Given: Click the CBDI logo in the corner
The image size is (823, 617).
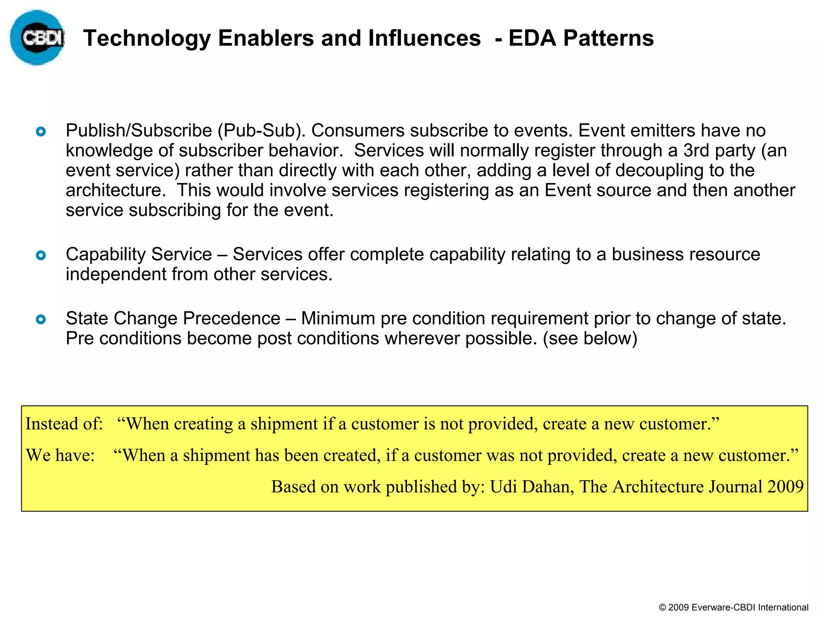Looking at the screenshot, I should tap(37, 38).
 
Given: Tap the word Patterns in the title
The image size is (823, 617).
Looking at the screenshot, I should tap(608, 39).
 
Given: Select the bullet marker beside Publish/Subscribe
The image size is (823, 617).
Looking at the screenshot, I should tap(41, 131).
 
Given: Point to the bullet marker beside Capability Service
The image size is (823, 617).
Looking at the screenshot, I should tap(41, 255).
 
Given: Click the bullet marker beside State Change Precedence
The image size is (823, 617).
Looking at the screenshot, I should tap(41, 319).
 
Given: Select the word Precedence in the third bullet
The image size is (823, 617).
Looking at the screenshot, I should tap(231, 319).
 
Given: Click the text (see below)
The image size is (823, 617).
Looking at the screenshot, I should tap(590, 338).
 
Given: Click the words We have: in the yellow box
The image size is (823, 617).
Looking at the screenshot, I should tap(60, 456).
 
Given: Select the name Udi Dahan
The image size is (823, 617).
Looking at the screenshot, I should tap(532, 487).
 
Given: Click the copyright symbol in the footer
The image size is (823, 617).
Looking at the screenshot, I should tap(663, 608).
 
